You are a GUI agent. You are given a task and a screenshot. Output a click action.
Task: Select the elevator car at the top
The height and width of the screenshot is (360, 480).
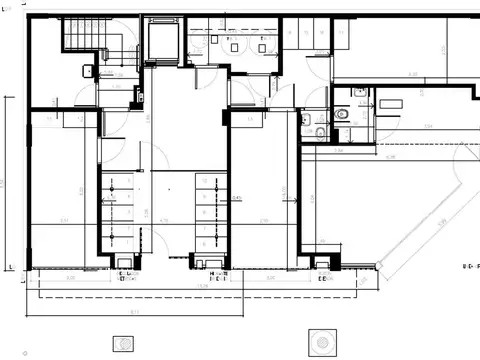[161, 40]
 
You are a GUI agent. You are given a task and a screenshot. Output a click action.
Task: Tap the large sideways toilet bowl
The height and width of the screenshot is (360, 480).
[343, 114]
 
